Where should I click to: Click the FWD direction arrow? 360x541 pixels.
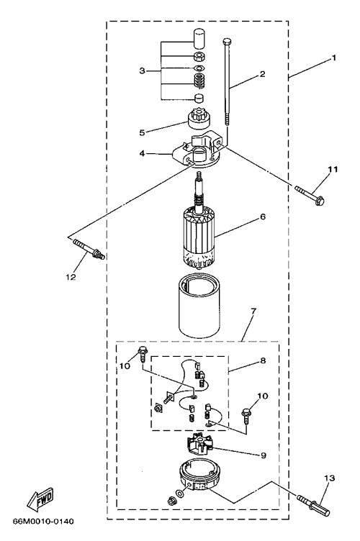40,499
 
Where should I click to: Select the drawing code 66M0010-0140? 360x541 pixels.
43,522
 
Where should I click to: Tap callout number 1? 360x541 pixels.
333,58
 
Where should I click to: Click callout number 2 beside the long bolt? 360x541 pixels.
262,74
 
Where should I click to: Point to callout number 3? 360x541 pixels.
143,71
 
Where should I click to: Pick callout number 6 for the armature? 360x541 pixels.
263,217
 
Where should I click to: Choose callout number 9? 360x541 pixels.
264,455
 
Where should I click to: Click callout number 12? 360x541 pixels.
71,277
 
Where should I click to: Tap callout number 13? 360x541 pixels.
329,478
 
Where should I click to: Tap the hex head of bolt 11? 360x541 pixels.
320,201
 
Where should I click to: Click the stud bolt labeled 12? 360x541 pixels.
89,250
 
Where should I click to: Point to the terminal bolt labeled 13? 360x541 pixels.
313,504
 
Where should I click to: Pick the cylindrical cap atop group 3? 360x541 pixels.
199,39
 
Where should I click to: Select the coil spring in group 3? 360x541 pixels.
199,81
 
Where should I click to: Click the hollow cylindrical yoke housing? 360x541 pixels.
199,306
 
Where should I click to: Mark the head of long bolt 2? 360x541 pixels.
226,42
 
